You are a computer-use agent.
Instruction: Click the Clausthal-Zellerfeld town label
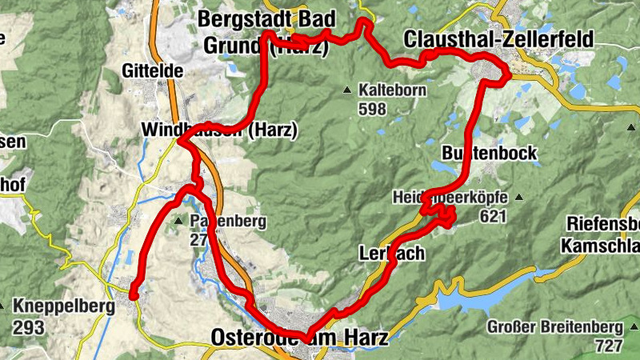tap(487, 38)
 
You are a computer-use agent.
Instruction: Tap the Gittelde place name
tap(152, 71)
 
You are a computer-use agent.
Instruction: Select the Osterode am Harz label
tap(299, 338)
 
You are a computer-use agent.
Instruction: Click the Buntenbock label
tap(488, 153)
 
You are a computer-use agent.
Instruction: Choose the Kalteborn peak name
tap(392, 90)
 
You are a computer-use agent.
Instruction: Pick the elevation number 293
tap(29, 327)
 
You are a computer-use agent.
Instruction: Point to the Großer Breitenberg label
tap(555, 327)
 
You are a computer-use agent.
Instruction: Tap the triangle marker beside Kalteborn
tap(347, 90)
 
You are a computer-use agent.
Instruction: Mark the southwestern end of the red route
tap(134, 295)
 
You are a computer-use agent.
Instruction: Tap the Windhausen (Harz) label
tap(218, 129)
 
